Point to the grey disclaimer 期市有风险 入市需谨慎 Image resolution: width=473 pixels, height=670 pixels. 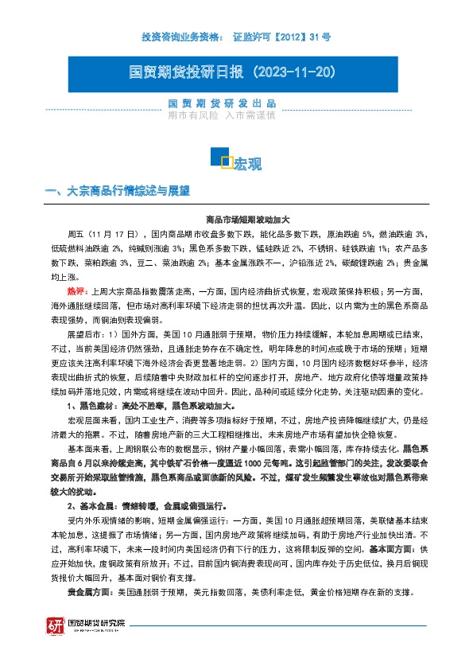click(x=222, y=115)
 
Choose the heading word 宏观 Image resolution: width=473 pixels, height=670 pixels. click(x=247, y=163)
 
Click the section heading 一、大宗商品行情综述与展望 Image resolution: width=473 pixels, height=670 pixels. click(x=118, y=192)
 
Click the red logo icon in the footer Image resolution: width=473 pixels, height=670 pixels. click(x=56, y=627)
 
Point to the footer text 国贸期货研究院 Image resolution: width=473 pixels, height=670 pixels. click(x=97, y=625)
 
